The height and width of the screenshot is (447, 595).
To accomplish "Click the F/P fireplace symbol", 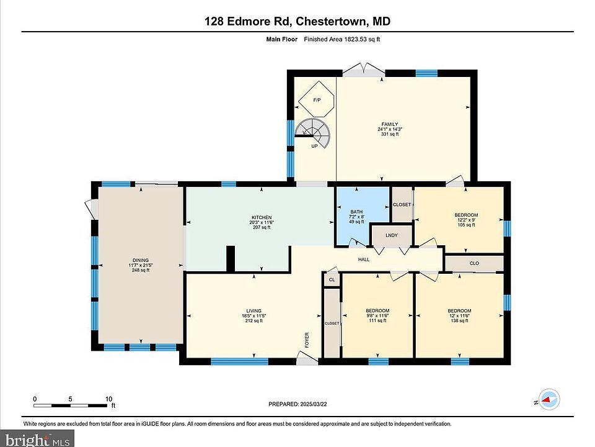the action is click(317, 99).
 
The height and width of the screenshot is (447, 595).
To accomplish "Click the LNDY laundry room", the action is click(392, 235).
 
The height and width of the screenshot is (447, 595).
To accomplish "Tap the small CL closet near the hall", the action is click(332, 279).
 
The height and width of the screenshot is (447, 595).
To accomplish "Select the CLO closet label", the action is click(474, 263).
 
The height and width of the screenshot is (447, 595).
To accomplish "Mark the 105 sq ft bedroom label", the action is click(466, 220).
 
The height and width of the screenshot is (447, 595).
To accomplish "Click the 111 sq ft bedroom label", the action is click(377, 315).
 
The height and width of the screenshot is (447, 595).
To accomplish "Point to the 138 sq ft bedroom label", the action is click(459, 315).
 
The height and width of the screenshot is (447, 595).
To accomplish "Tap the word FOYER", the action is click(307, 340).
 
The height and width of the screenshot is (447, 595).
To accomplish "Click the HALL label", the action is click(364, 260).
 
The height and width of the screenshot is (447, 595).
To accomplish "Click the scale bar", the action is click(71, 405).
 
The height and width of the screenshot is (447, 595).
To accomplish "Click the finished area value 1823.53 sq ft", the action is click(362, 39).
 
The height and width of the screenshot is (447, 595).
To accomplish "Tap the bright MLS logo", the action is click(37, 440).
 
